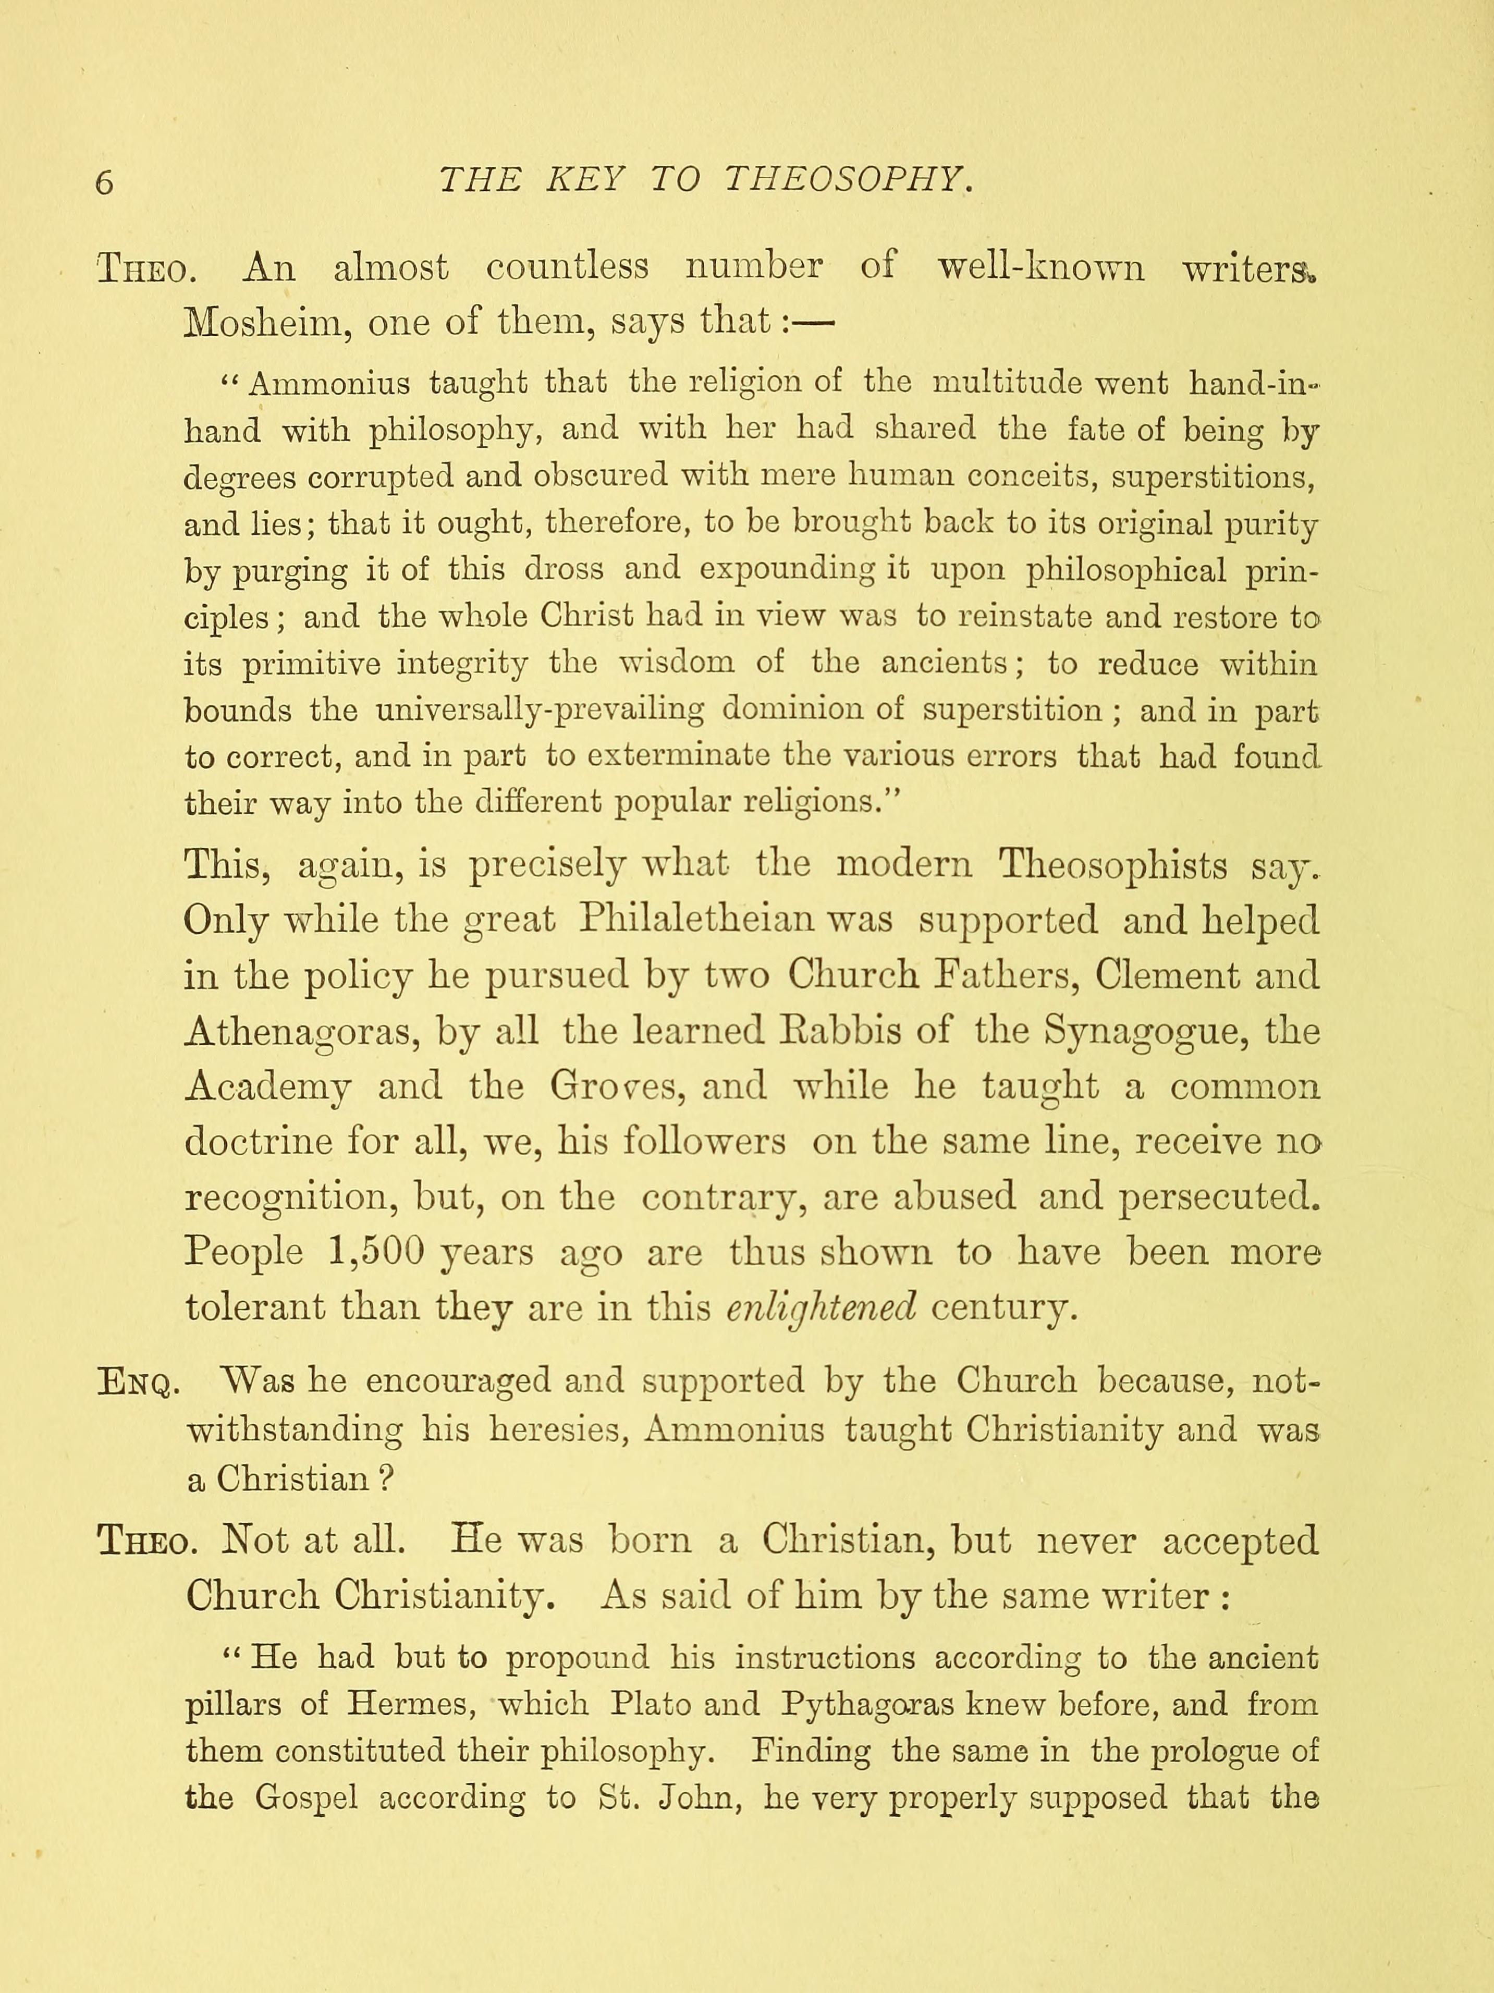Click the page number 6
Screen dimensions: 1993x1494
tap(105, 183)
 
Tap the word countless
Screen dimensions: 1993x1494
tap(567, 267)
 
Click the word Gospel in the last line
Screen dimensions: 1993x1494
tap(307, 1799)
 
